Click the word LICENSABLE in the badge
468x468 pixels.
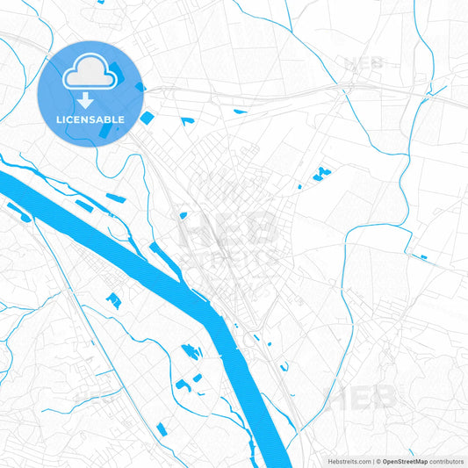click(90, 119)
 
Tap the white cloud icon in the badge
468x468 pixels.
click(90, 73)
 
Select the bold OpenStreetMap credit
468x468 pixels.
click(404, 460)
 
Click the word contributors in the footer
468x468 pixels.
click(446, 460)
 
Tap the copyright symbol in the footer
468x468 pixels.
click(378, 460)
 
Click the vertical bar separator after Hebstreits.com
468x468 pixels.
click(372, 460)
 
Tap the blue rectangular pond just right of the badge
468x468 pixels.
click(147, 117)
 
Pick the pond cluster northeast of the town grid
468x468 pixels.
click(320, 172)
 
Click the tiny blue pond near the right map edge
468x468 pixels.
click(423, 257)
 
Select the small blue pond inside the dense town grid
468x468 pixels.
click(183, 214)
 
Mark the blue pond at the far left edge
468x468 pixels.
click(15, 209)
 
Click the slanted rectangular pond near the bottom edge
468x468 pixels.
click(161, 429)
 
